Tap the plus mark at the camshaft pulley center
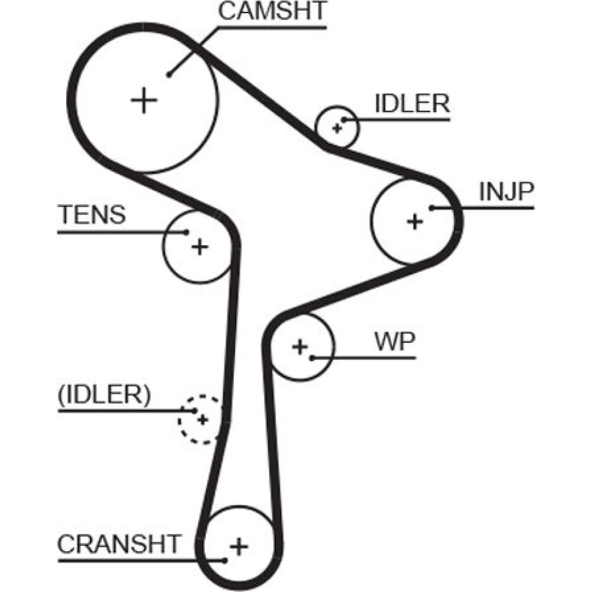(x=144, y=100)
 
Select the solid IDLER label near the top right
(x=413, y=104)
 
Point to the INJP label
(x=507, y=192)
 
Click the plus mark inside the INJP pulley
(x=416, y=221)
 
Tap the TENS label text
(x=92, y=214)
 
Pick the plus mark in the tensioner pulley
(x=200, y=246)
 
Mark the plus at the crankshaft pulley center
(x=239, y=545)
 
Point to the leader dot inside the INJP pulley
(x=432, y=207)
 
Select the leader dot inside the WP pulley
(x=312, y=357)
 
